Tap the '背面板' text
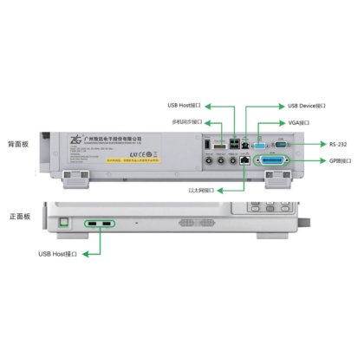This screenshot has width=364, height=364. pyautogui.click(x=19, y=143)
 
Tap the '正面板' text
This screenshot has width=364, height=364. pyautogui.click(x=19, y=216)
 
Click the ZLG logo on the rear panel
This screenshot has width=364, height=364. pyautogui.click(x=75, y=139)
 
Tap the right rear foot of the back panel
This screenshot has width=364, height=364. pyautogui.click(x=279, y=180)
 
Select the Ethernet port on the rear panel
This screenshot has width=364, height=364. pyautogui.click(x=247, y=161)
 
